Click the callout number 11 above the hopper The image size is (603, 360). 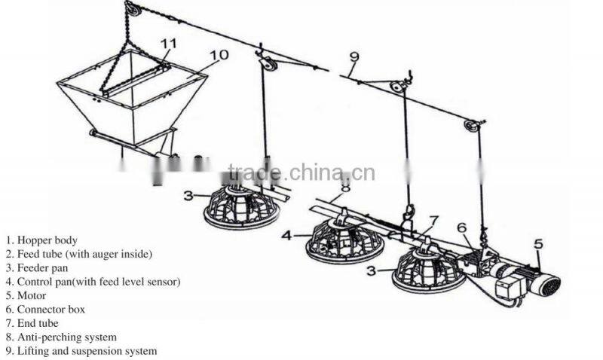pyautogui.click(x=168, y=43)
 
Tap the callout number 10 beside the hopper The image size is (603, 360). pyautogui.click(x=219, y=55)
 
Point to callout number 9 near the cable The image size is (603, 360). pyautogui.click(x=354, y=57)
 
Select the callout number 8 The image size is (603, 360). pyautogui.click(x=346, y=187)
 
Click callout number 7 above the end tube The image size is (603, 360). pyautogui.click(x=434, y=221)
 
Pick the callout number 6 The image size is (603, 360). pyautogui.click(x=462, y=227)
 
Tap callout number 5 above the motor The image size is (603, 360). pyautogui.click(x=539, y=243)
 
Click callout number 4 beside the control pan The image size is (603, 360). pyautogui.click(x=287, y=235)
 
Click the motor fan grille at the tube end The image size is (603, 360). pyautogui.click(x=550, y=285)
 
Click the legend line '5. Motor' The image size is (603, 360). pyautogui.click(x=26, y=295)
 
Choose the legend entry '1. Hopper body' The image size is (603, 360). pyautogui.click(x=41, y=240)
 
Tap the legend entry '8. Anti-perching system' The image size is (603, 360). pyautogui.click(x=61, y=337)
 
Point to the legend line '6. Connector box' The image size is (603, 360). pyautogui.click(x=45, y=310)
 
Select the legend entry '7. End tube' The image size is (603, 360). pyautogui.click(x=32, y=323)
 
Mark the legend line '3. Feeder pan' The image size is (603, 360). pyautogui.click(x=36, y=268)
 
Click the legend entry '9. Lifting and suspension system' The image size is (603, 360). pyautogui.click(x=81, y=351)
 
